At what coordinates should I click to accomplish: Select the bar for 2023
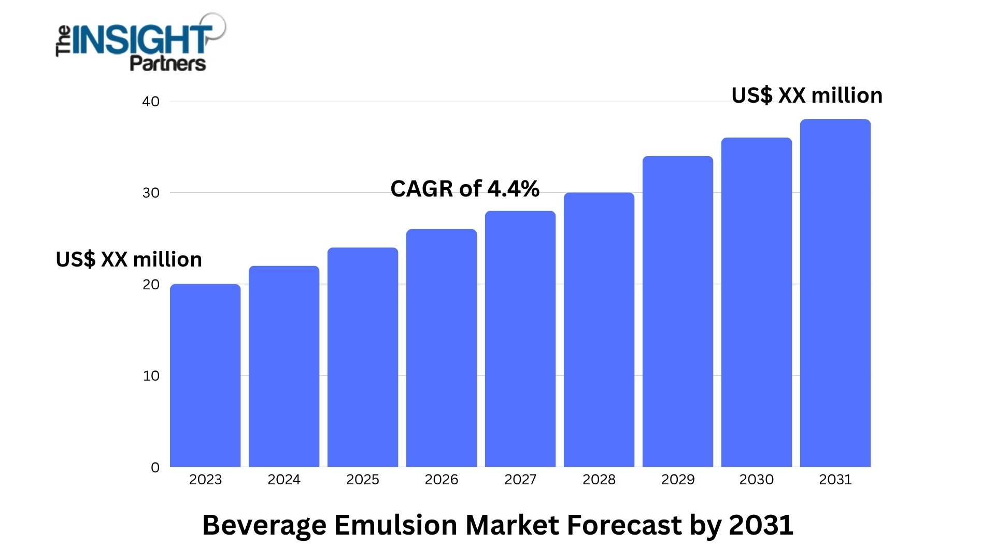(x=205, y=375)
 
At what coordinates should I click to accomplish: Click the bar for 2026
(x=442, y=348)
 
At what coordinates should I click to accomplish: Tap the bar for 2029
(x=678, y=311)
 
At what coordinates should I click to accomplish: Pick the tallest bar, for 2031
(x=835, y=293)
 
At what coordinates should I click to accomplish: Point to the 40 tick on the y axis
(x=151, y=102)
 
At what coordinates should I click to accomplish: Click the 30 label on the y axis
(x=151, y=193)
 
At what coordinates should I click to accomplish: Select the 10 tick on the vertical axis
(x=151, y=376)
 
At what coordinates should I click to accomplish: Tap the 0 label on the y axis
(x=155, y=468)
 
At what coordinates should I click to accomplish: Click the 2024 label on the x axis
(x=284, y=480)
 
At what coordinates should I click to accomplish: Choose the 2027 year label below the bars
(x=520, y=480)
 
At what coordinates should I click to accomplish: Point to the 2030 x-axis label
(x=757, y=480)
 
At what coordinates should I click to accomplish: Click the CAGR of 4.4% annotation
(x=465, y=189)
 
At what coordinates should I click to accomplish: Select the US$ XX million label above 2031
(x=807, y=95)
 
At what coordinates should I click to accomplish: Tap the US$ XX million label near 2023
(x=129, y=259)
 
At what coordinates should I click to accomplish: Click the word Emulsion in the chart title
(x=396, y=525)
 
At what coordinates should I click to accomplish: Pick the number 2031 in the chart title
(x=761, y=525)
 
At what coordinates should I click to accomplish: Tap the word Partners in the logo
(x=168, y=64)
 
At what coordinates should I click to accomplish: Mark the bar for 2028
(x=599, y=330)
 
